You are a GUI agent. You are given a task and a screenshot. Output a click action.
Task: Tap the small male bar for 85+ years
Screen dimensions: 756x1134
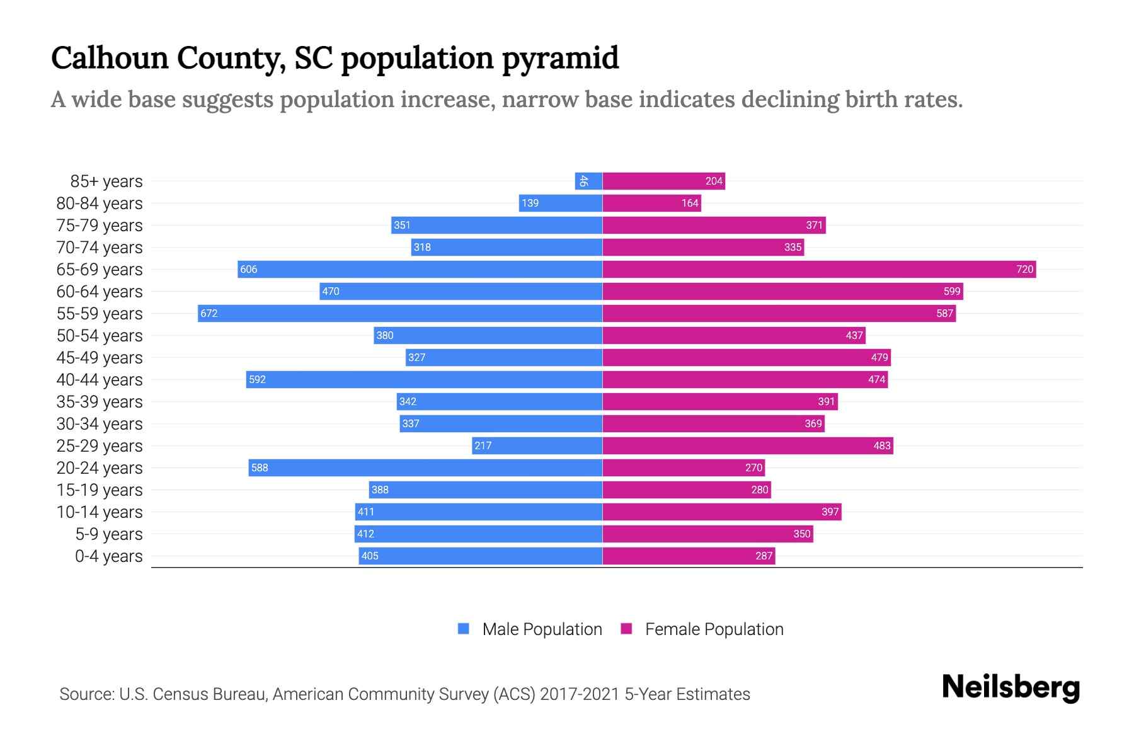[588, 181]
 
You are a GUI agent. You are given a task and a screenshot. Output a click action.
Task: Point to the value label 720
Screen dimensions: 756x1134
[1024, 269]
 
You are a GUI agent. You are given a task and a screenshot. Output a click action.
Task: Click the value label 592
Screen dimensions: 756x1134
[257, 379]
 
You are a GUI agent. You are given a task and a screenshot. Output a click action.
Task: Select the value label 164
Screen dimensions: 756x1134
[690, 203]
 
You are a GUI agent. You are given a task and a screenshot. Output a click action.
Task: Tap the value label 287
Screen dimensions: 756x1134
[764, 556]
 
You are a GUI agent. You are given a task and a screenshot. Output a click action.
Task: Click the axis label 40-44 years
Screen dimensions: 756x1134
[100, 380]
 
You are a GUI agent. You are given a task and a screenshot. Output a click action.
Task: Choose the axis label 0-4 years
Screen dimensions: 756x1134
[108, 556]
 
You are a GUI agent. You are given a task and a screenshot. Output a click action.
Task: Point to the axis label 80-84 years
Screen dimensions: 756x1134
[100, 203]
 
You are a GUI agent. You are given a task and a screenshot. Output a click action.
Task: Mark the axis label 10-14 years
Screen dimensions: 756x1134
[100, 512]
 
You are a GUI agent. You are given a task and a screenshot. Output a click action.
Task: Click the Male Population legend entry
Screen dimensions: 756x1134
[542, 629]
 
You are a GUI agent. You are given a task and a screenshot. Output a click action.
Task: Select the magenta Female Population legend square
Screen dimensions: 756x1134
[626, 629]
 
